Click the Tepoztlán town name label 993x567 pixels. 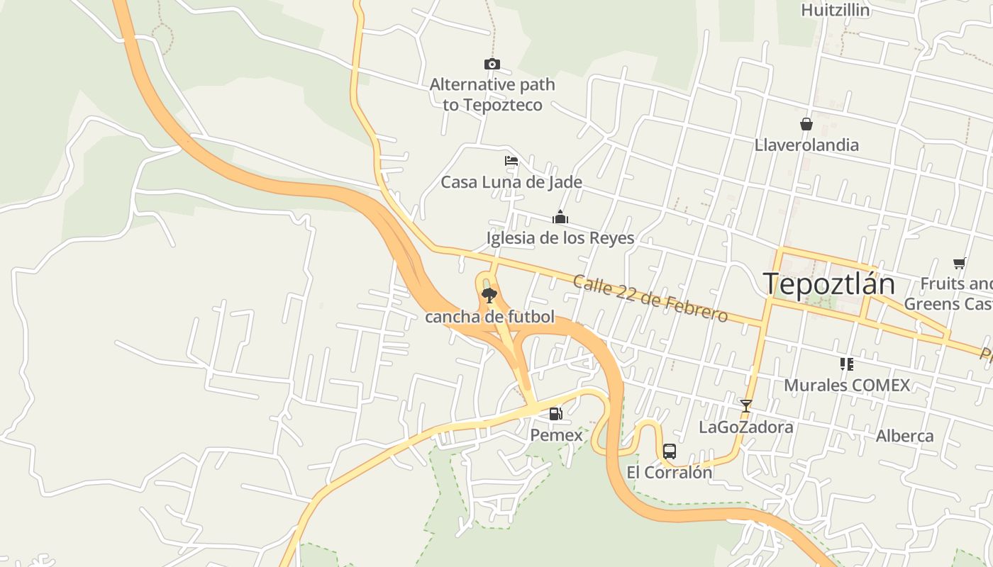829,283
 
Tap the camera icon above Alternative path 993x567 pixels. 492,64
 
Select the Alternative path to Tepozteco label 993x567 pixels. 492,95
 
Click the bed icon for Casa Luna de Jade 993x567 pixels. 511,161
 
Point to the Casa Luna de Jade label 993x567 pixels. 511,182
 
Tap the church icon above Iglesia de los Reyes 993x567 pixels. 560,217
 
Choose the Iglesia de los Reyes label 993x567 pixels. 560,237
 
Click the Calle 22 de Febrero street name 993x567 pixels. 650,298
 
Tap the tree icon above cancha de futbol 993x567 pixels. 489,296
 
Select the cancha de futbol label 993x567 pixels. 489,317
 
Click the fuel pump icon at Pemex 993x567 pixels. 556,413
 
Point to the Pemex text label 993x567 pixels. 557,435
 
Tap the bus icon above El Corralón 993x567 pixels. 669,451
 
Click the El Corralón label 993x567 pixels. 669,473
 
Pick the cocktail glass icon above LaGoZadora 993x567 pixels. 745,406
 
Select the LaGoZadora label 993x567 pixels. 746,427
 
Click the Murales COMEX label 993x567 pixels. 847,386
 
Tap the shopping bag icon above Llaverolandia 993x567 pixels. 806,124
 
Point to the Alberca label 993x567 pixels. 904,436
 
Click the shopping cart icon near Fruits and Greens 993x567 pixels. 960,264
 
